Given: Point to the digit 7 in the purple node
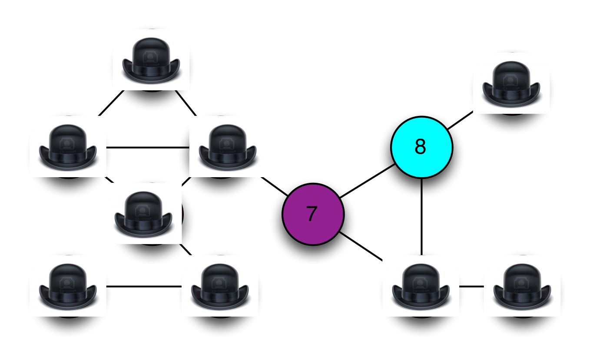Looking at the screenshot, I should coord(311,214).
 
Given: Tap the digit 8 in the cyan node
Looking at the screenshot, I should coord(420,147).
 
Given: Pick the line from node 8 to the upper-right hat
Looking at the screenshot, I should coord(460,120).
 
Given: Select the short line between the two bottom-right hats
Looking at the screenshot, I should coord(471,286).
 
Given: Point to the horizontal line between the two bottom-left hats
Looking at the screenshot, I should coord(143,286).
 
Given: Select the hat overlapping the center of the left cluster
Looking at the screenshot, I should coord(143,213).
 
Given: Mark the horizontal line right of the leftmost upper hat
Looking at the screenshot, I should coord(148,147).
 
